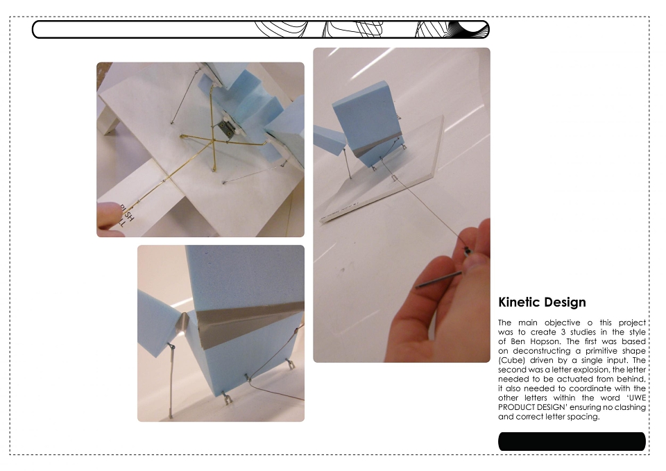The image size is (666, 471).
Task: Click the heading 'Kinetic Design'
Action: click(542, 302)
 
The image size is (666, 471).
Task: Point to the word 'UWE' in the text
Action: click(636, 398)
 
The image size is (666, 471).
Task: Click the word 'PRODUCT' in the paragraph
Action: click(515, 407)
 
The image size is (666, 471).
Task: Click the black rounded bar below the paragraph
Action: click(572, 441)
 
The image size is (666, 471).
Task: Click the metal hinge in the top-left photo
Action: click(225, 129)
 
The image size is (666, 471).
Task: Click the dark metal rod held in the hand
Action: click(438, 280)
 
